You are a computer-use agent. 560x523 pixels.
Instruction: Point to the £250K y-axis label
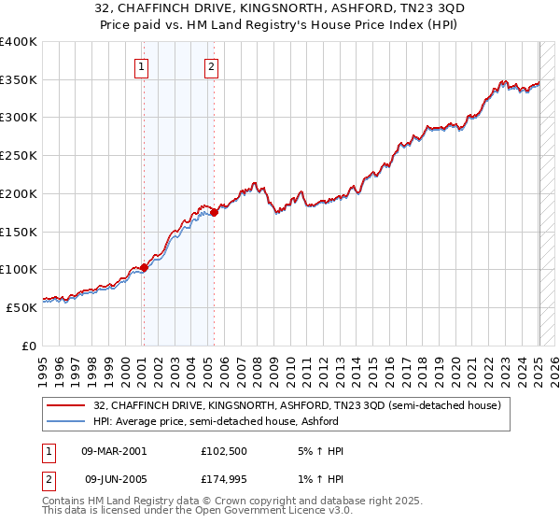tap(19, 155)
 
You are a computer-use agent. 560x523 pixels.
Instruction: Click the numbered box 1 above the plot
tap(141, 66)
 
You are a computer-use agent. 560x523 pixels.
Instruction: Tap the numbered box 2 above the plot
tap(212, 66)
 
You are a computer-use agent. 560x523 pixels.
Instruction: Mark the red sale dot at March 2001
tap(144, 268)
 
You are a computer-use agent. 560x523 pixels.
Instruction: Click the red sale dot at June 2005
tap(214, 213)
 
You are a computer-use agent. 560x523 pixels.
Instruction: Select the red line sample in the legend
tap(66, 405)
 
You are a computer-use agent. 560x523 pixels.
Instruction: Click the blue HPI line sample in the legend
tap(66, 421)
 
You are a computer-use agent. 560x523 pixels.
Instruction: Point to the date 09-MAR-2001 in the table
tap(114, 451)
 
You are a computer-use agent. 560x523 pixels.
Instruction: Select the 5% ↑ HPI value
tap(321, 451)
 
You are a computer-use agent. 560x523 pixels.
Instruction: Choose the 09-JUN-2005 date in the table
tap(114, 479)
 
